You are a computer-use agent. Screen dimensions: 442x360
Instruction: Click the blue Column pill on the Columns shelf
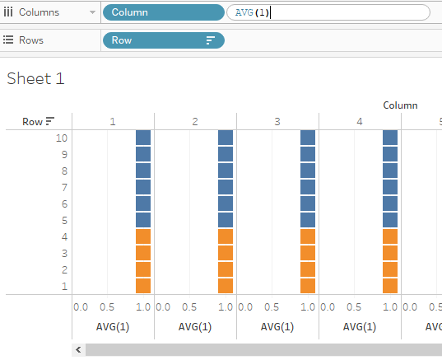click(164, 12)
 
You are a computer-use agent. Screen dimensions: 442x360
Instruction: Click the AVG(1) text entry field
click(328, 12)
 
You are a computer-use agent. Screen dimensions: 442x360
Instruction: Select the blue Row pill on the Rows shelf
click(164, 40)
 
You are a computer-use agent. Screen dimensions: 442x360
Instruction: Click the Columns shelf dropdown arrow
click(92, 12)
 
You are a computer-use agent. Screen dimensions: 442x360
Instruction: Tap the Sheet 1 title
click(35, 78)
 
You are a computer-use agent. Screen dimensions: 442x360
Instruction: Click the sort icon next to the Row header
click(50, 121)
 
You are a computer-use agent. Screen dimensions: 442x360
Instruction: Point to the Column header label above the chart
click(400, 105)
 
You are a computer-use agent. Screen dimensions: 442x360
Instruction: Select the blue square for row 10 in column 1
click(143, 138)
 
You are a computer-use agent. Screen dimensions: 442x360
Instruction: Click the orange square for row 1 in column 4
click(390, 286)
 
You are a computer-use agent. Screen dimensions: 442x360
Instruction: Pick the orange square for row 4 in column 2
click(226, 236)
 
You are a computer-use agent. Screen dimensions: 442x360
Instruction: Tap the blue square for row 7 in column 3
click(308, 187)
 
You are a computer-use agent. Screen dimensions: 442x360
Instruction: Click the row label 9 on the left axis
click(64, 155)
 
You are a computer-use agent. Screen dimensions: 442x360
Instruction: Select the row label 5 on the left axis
click(64, 220)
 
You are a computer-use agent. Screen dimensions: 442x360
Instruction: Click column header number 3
click(277, 122)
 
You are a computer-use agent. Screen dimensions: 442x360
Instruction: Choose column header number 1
click(113, 122)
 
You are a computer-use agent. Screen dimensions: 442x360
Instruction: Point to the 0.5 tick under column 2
click(189, 307)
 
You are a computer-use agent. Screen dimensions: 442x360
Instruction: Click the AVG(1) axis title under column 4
click(360, 327)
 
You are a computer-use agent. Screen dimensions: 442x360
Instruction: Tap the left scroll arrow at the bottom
click(78, 350)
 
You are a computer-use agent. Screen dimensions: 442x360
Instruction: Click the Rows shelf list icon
click(8, 40)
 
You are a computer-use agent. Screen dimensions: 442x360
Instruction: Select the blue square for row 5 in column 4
click(390, 220)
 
